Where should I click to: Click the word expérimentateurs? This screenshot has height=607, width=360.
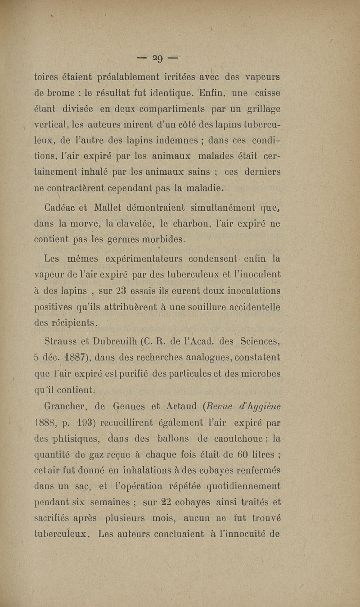tap(155, 258)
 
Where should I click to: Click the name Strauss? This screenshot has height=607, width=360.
tap(62, 342)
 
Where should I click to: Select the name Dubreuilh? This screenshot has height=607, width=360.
tap(108, 342)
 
